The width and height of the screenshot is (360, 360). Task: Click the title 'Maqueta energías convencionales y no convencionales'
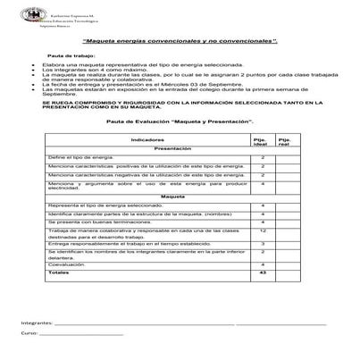tap(179, 42)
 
